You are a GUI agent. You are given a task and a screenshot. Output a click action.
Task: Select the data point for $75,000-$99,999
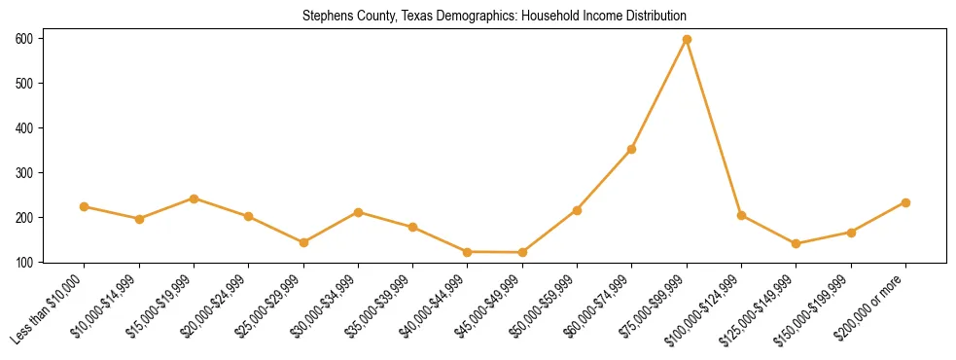click(687, 39)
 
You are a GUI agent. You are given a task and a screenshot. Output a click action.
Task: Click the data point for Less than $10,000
click(85, 206)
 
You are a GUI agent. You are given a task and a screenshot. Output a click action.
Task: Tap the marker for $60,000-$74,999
click(632, 149)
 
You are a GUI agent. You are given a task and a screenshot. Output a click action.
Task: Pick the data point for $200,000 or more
click(905, 202)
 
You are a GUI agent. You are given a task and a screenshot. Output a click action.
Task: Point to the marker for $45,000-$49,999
click(522, 253)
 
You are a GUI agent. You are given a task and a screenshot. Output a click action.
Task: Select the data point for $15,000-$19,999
click(194, 198)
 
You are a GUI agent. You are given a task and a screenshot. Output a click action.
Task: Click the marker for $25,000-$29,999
click(303, 242)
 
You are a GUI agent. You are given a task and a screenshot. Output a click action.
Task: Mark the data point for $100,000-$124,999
click(741, 215)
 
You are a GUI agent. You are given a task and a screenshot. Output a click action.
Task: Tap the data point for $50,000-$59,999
click(577, 210)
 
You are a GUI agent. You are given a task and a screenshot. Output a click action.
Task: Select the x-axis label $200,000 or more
click(875, 305)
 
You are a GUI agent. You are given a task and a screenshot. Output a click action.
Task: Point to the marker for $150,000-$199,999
click(851, 233)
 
